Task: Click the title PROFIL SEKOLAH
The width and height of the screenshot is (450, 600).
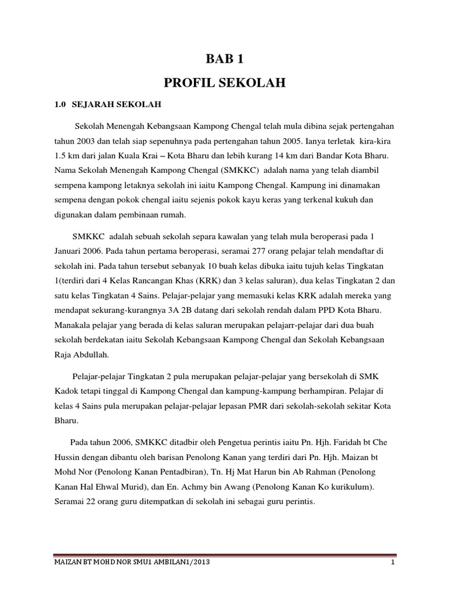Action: click(x=224, y=83)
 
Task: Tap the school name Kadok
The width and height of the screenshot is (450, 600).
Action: click(x=67, y=390)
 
